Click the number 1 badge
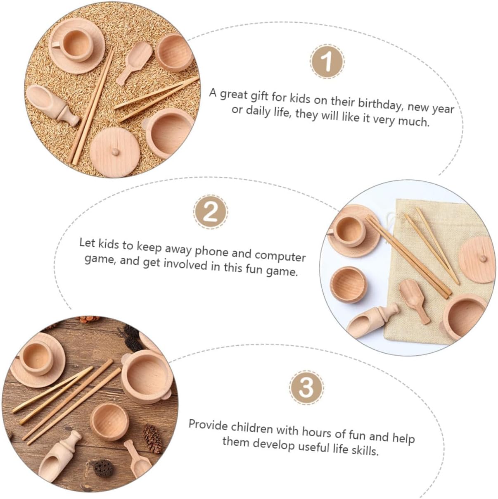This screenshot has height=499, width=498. click(x=327, y=62)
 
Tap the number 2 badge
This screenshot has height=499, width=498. click(x=210, y=212)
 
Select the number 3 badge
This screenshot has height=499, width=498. click(x=306, y=387)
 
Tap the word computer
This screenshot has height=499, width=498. click(x=280, y=256)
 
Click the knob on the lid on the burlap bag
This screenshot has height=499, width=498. click(x=482, y=258)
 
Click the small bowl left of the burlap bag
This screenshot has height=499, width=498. click(x=349, y=285)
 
